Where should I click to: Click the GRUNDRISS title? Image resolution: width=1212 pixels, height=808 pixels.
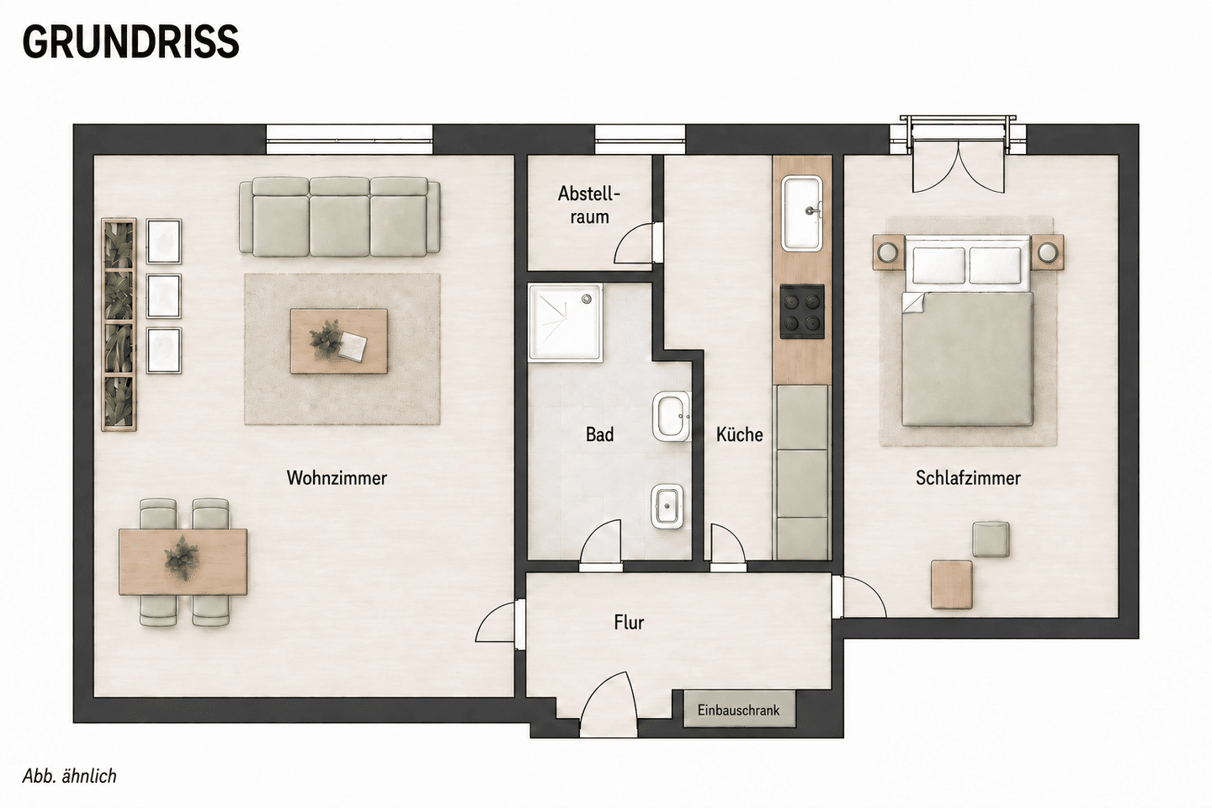(130, 42)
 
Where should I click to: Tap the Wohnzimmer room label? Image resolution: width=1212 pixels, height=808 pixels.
(337, 478)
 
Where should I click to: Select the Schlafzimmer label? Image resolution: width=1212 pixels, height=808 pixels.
(968, 478)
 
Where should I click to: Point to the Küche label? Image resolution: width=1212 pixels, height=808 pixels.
(739, 434)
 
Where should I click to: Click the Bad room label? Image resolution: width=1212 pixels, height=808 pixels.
(599, 434)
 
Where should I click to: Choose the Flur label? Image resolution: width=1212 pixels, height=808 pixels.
(629, 622)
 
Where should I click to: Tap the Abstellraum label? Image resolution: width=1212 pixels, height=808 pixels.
(589, 205)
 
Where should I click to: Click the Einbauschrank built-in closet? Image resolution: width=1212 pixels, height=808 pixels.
(739, 710)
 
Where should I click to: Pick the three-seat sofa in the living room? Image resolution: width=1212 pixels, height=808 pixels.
(340, 216)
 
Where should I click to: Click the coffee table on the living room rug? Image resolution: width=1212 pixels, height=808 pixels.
(338, 341)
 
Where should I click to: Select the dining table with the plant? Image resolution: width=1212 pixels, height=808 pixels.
(183, 561)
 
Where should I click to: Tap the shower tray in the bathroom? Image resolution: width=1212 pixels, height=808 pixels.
(566, 323)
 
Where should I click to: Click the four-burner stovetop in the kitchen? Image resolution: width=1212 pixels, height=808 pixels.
(802, 311)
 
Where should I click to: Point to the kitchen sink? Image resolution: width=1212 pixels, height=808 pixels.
(802, 213)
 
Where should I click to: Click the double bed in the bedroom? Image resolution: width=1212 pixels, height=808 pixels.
(967, 332)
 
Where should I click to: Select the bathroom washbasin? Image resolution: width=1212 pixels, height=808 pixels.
(672, 416)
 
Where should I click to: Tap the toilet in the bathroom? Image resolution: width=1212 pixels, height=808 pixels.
(669, 506)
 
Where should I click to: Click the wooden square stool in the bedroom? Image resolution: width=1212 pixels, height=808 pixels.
(951, 584)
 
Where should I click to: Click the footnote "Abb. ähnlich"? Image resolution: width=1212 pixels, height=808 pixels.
(69, 777)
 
